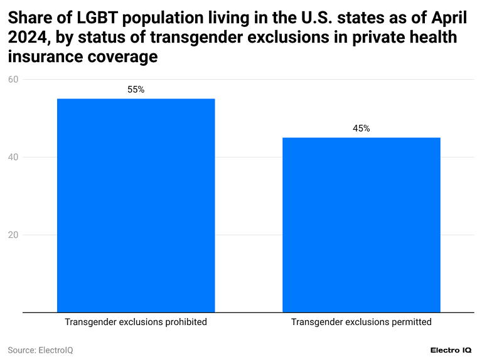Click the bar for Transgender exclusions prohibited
click(x=136, y=205)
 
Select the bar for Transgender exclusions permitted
click(x=361, y=225)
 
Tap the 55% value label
click(x=136, y=90)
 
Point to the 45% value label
click(x=361, y=129)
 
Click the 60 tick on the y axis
click(x=13, y=80)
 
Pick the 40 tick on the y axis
click(x=13, y=157)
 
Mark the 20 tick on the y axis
click(x=13, y=235)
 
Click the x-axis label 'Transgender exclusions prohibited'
click(x=136, y=322)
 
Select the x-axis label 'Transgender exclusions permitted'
click(x=361, y=322)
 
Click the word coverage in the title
click(x=123, y=57)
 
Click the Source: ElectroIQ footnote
click(x=40, y=350)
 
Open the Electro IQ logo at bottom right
click(x=451, y=350)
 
